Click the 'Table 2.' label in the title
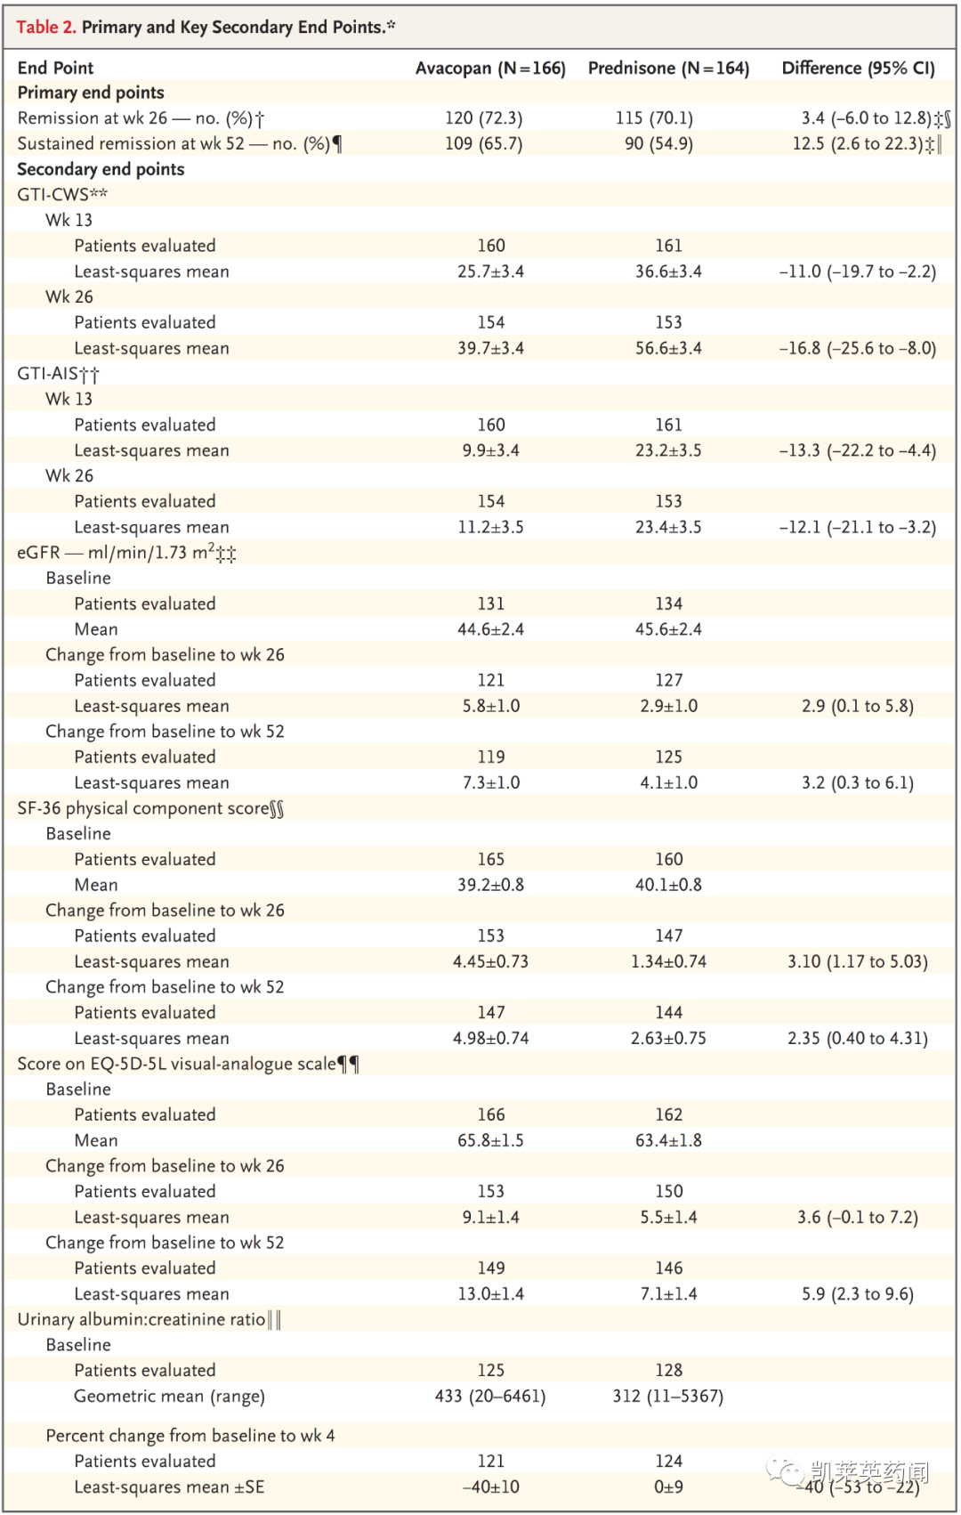tap(46, 27)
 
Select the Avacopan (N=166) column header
tap(490, 69)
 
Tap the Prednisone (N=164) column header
tap(668, 69)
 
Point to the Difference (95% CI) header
tap(858, 69)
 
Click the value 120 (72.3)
tap(483, 118)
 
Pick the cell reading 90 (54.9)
tap(658, 143)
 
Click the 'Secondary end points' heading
tap(101, 169)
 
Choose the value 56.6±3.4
tap(668, 348)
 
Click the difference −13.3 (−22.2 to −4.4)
tap(858, 450)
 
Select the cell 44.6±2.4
tap(490, 629)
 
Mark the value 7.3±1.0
tap(490, 782)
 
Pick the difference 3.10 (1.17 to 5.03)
tap(858, 961)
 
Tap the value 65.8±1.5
tap(490, 1140)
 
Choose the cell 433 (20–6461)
tap(490, 1396)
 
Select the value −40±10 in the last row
tap(490, 1487)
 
